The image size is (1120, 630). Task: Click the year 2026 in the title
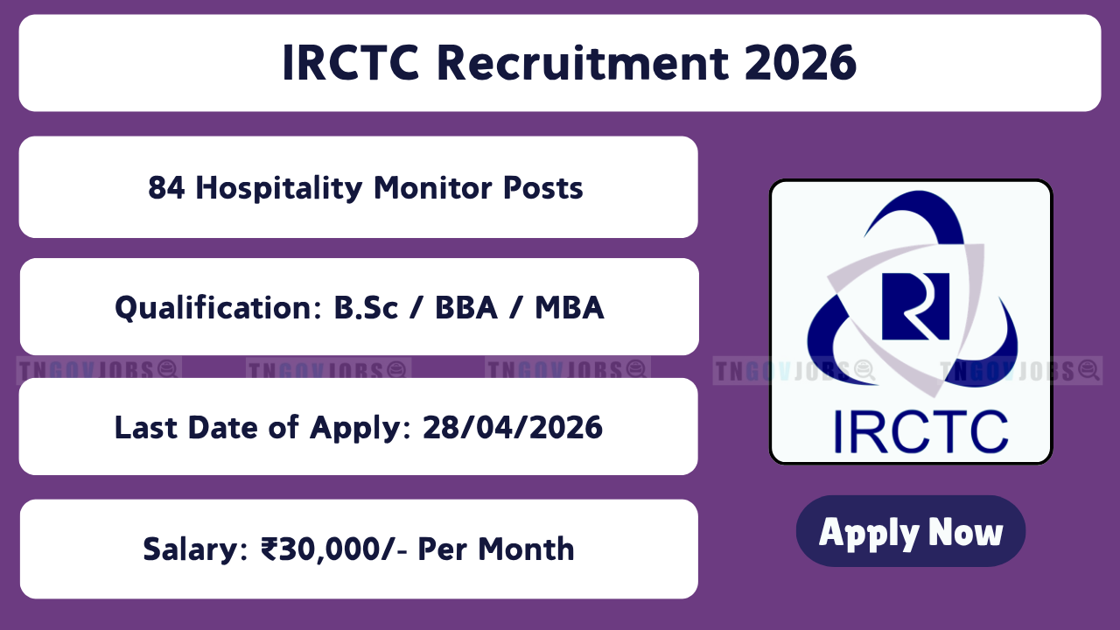tap(801, 63)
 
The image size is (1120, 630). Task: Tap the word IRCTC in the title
tap(351, 63)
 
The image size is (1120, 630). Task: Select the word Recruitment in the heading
tap(583, 63)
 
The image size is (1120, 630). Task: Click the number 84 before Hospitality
tap(166, 187)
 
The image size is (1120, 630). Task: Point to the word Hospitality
tap(279, 188)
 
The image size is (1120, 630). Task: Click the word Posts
tap(543, 187)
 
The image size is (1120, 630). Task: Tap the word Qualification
tap(218, 307)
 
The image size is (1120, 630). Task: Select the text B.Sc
tap(366, 307)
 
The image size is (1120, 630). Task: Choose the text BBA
tap(466, 307)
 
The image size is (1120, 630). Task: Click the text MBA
tap(570, 307)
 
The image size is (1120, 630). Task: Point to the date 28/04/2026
tap(513, 428)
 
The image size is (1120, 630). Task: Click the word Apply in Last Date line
tap(360, 429)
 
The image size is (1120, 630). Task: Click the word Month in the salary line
tap(526, 549)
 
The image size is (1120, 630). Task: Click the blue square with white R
tap(915, 306)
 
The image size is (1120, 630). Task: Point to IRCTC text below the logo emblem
tap(920, 432)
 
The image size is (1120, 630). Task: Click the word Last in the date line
tap(146, 428)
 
